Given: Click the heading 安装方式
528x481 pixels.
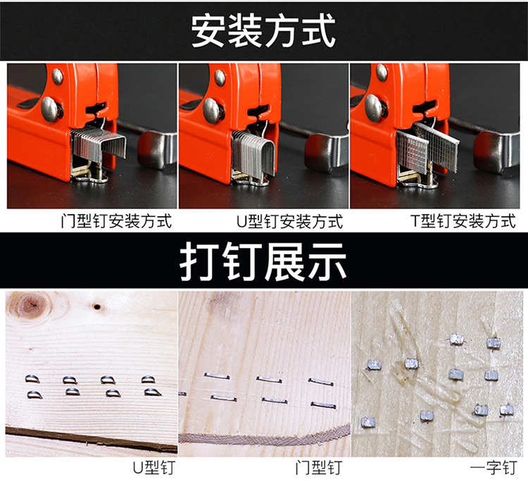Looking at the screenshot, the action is pyautogui.click(x=263, y=31).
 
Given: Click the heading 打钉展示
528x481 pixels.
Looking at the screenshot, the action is pyautogui.click(x=263, y=261).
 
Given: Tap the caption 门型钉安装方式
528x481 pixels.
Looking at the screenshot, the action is pyautogui.click(x=116, y=221).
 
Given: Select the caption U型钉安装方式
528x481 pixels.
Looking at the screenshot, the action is pyautogui.click(x=289, y=221).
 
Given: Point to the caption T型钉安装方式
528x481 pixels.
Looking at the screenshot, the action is pyautogui.click(x=463, y=221).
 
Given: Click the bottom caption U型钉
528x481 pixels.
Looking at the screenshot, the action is pyautogui.click(x=154, y=468).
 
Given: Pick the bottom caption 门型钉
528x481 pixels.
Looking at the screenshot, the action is pyautogui.click(x=319, y=468).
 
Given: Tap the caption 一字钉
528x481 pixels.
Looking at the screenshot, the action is pyautogui.click(x=494, y=468).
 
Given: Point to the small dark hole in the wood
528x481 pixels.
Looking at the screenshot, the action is pyautogui.click(x=97, y=307).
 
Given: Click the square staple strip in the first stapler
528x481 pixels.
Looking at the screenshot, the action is pyautogui.click(x=99, y=144).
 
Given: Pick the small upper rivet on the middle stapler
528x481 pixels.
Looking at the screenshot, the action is pyautogui.click(x=220, y=77).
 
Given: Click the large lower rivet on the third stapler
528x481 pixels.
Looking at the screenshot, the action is pyautogui.click(x=374, y=108).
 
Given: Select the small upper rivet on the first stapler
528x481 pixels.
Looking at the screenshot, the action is pyautogui.click(x=57, y=77).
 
